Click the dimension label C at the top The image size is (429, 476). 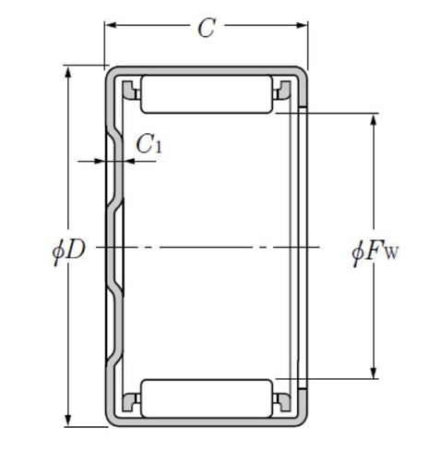(206, 28)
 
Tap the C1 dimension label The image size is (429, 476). (149, 143)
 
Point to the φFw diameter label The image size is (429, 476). (375, 252)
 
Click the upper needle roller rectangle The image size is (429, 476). (207, 94)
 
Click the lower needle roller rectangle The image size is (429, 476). (207, 398)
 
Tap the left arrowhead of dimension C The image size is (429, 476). (111, 25)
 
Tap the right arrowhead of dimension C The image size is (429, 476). (302, 25)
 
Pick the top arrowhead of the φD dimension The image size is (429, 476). (68, 72)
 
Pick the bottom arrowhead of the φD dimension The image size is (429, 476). (68, 421)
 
